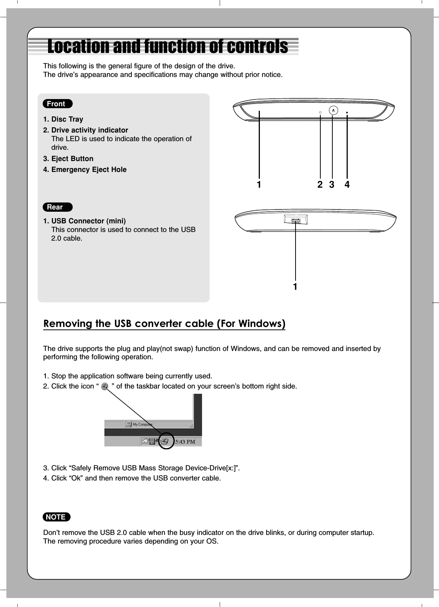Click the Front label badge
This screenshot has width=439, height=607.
pyautogui.click(x=57, y=104)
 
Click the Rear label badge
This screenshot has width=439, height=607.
pyautogui.click(x=57, y=207)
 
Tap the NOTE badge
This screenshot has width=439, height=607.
pyautogui.click(x=56, y=517)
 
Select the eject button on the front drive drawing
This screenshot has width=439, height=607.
pyautogui.click(x=333, y=110)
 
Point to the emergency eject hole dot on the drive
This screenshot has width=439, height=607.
pyautogui.click(x=347, y=112)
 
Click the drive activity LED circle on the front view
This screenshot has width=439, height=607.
pyautogui.click(x=320, y=112)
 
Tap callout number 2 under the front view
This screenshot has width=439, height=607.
pyautogui.click(x=320, y=185)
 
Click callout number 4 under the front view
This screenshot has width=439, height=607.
pyautogui.click(x=347, y=185)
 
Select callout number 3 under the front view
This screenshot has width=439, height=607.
pyautogui.click(x=332, y=185)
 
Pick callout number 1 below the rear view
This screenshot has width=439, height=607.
pyautogui.click(x=296, y=287)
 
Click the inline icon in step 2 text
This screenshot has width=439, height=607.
pyautogui.click(x=105, y=387)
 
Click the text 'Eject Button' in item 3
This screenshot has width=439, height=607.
pyautogui.click(x=72, y=159)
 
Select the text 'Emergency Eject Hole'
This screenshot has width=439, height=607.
pyautogui.click(x=89, y=170)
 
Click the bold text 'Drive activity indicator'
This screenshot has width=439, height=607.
pyautogui.click(x=89, y=130)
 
